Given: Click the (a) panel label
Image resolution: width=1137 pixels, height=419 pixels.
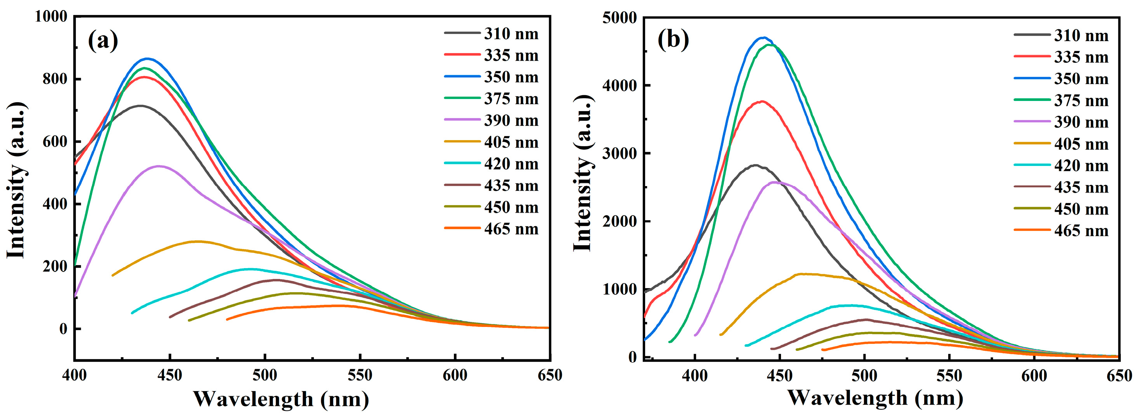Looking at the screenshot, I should [x=103, y=41].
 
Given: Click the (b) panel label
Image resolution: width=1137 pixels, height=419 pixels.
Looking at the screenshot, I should [x=673, y=40].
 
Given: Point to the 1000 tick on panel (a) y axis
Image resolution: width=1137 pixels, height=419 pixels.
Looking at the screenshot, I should [x=51, y=17].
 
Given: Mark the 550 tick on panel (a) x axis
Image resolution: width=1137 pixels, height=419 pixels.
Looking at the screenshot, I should [x=360, y=376].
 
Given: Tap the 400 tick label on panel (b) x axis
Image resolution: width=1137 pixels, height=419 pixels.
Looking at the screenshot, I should [x=695, y=376].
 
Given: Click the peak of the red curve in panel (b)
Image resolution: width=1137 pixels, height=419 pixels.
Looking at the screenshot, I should [x=761, y=101].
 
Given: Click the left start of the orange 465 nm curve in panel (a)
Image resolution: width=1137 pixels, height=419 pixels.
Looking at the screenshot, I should [x=227, y=319].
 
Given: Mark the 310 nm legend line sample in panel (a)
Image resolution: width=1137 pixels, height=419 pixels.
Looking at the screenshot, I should [x=462, y=33].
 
